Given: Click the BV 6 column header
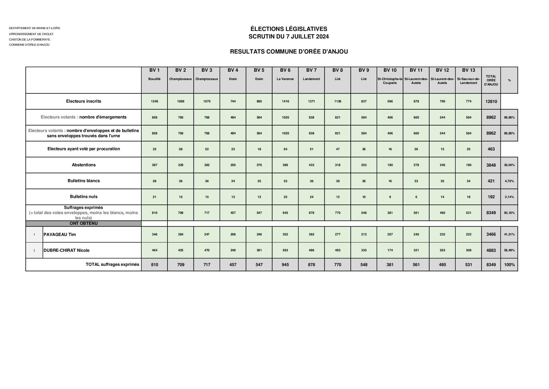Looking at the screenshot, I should click(285, 70).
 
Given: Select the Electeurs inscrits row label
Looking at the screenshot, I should click(84, 101).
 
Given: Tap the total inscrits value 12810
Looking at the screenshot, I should click(491, 101).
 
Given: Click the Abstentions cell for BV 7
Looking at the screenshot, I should click(311, 165).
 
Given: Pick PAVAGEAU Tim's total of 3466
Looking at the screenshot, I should click(491, 234).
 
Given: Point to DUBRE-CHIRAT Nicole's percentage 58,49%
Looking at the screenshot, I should click(509, 250).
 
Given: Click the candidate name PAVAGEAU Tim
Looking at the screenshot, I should click(60, 235).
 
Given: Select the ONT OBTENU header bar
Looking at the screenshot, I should click(84, 223).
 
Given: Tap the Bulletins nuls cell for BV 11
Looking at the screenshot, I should click(416, 197).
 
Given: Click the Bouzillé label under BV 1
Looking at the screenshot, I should click(154, 79).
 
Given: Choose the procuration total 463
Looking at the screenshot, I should click(491, 149).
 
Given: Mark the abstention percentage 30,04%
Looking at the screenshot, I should click(509, 165).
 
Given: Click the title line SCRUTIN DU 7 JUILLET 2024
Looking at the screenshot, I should click(288, 37).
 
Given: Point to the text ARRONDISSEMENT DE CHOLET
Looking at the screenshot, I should click(31, 34).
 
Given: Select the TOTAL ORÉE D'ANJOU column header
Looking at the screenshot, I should click(491, 80).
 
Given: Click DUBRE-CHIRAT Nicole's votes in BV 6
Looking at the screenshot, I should click(285, 250).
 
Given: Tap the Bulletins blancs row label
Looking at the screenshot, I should click(84, 181).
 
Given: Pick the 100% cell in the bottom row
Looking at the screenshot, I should click(509, 265).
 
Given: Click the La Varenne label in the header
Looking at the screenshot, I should click(285, 79).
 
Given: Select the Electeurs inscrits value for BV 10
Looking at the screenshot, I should click(390, 101).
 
